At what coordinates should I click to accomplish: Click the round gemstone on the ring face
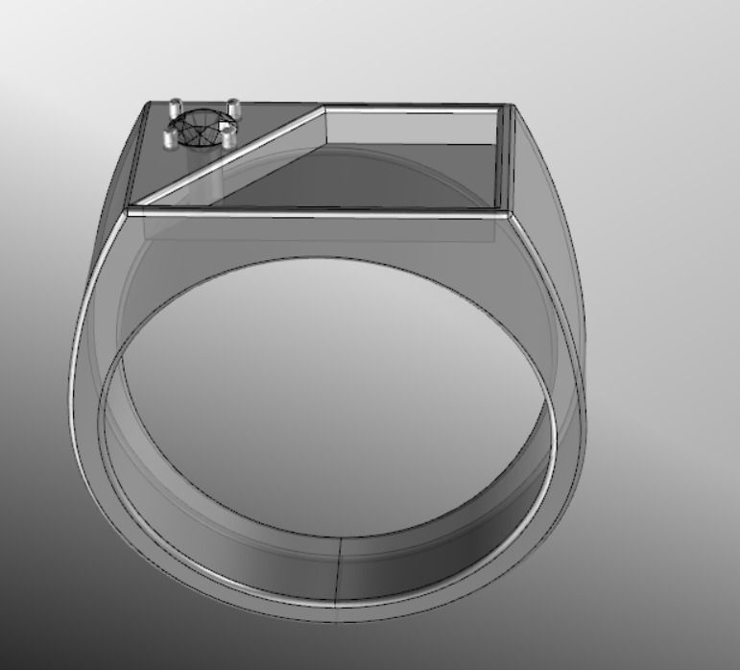pyautogui.click(x=200, y=129)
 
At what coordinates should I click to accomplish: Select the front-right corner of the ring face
pyautogui.click(x=510, y=213)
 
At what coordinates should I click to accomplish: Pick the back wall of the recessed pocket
pyautogui.click(x=413, y=127)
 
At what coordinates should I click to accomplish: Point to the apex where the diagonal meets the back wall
pyautogui.click(x=323, y=108)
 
